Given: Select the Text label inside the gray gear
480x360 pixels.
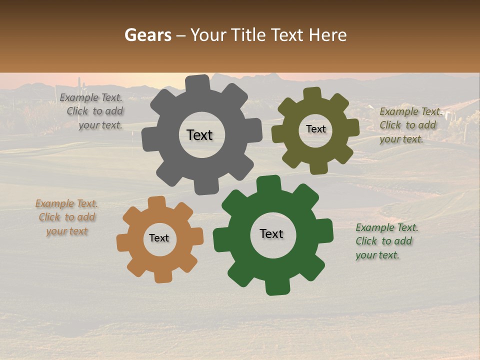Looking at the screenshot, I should [199, 135].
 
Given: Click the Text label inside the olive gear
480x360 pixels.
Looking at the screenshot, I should [315, 129].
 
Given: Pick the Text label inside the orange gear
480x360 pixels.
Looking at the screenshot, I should [159, 238].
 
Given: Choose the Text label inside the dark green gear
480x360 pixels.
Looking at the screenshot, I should [271, 233].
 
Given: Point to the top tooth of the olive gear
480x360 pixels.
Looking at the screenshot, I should [312, 93].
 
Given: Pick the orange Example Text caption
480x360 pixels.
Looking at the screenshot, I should [67, 217].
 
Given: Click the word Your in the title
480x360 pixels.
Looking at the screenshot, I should [206, 35].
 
